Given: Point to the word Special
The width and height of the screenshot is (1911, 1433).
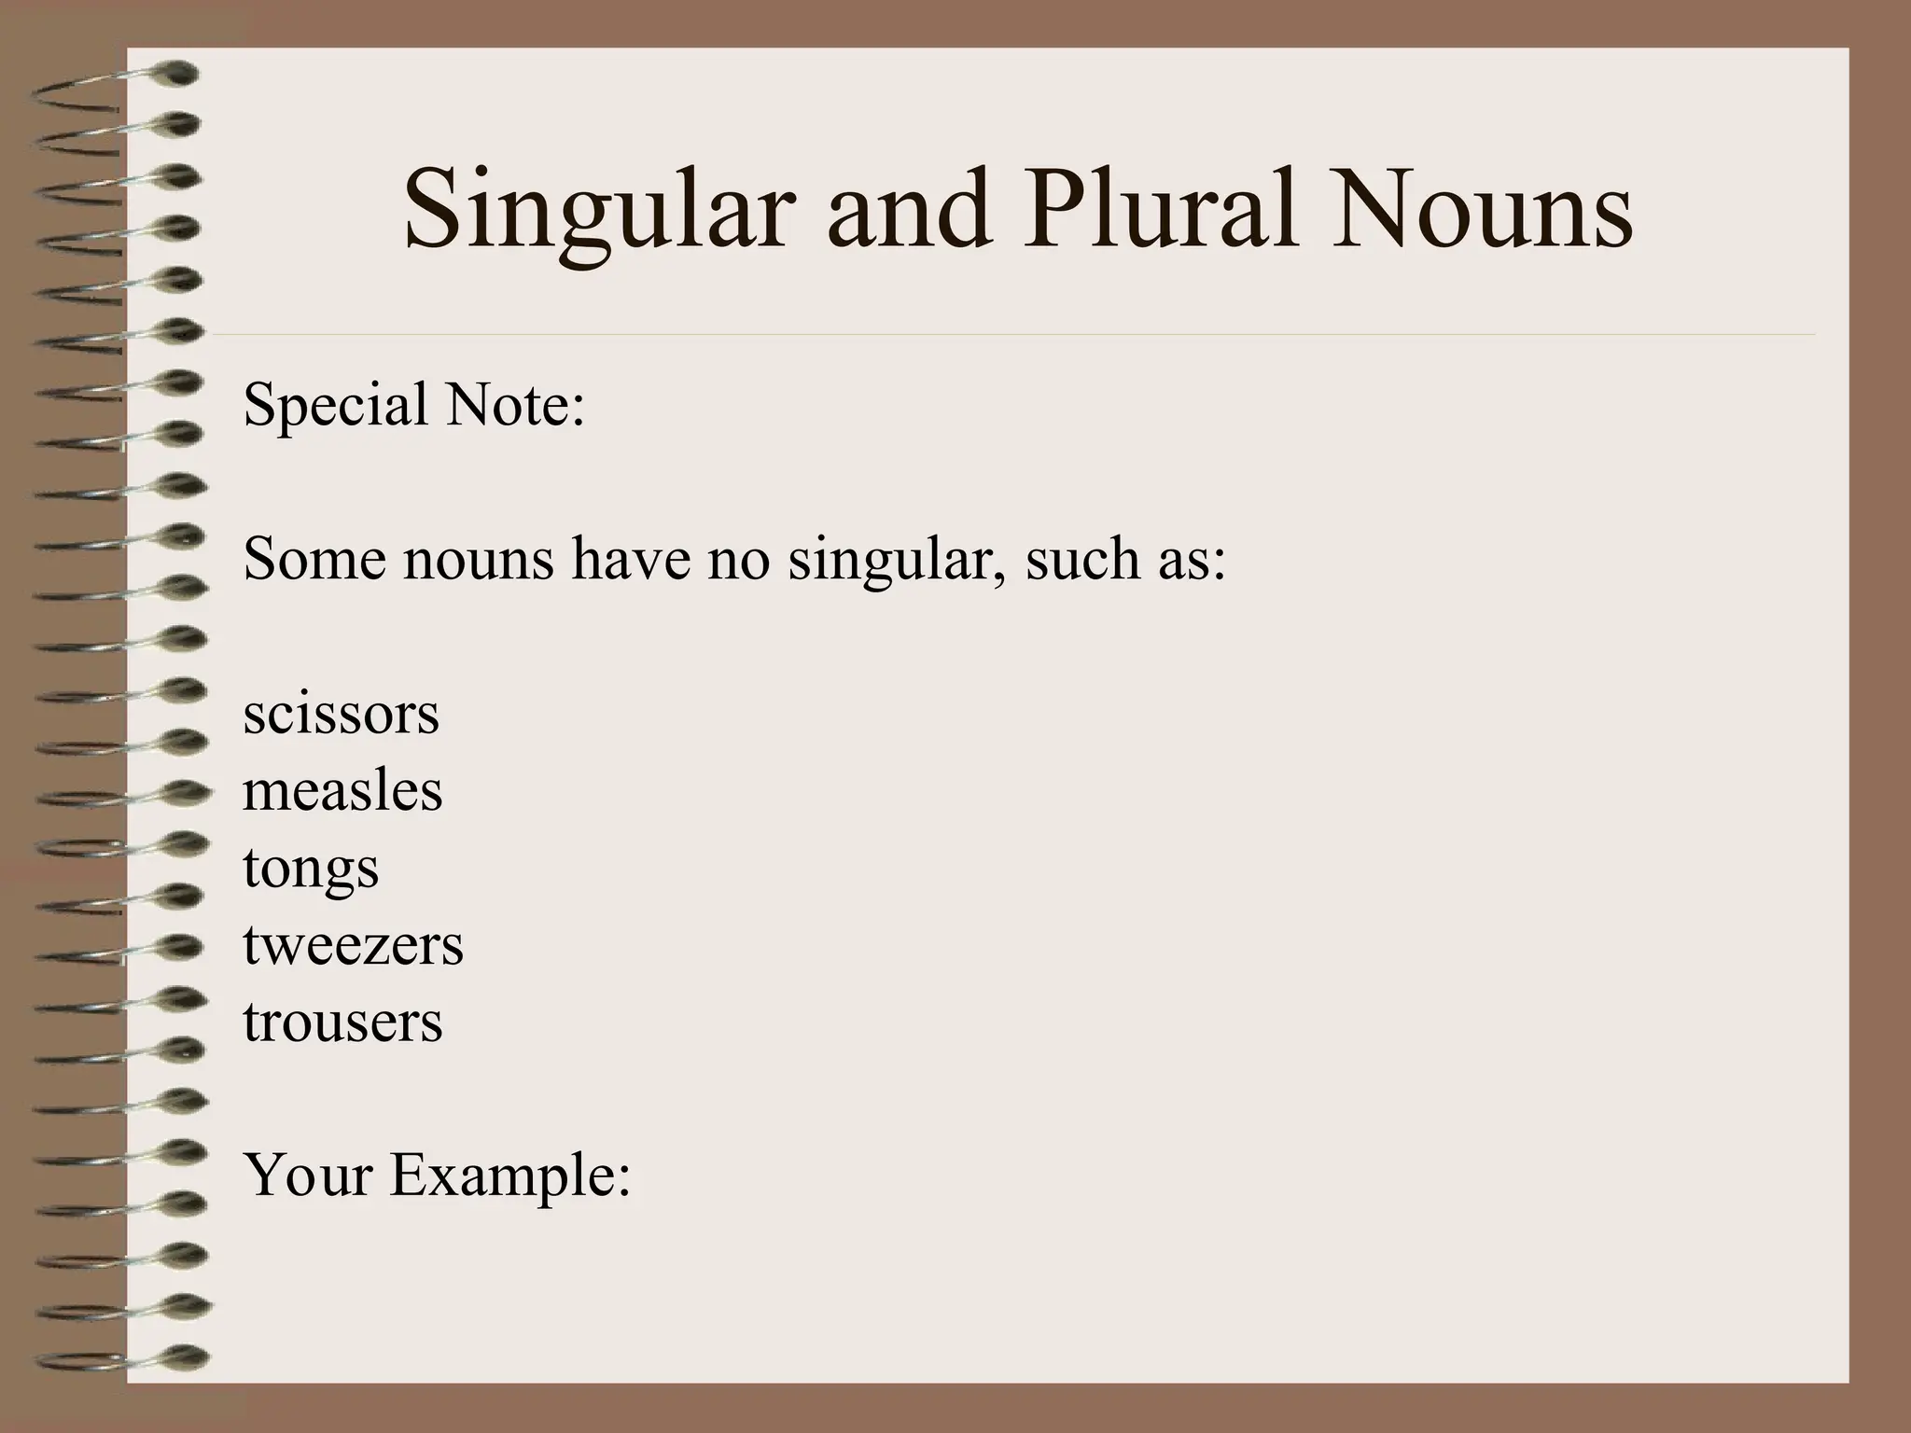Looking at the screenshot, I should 335,405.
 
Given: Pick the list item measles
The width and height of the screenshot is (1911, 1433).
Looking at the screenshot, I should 342,791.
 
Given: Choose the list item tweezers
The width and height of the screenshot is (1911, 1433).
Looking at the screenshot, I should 353,945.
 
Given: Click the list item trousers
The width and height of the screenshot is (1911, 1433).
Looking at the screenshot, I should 342,1022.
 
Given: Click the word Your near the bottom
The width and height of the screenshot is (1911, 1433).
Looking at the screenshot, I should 308,1175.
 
